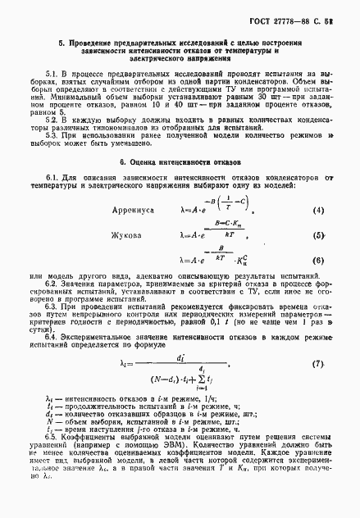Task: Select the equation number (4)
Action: pyautogui.click(x=317, y=210)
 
